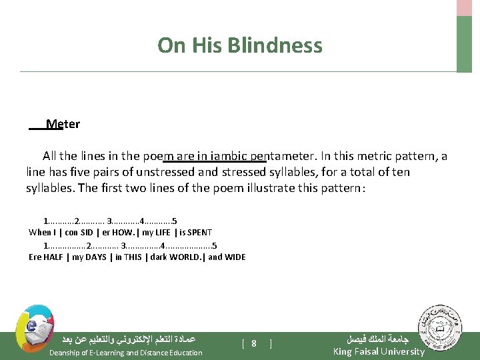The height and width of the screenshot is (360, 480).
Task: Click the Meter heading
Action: click(63, 124)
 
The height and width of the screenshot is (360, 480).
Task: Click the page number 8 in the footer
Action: click(255, 343)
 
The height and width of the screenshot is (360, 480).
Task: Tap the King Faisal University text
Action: click(378, 352)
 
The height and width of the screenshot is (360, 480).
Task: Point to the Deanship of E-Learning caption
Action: click(125, 353)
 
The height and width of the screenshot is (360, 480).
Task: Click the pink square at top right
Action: click(464, 7)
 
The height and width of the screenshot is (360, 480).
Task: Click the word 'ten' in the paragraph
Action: click(400, 172)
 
